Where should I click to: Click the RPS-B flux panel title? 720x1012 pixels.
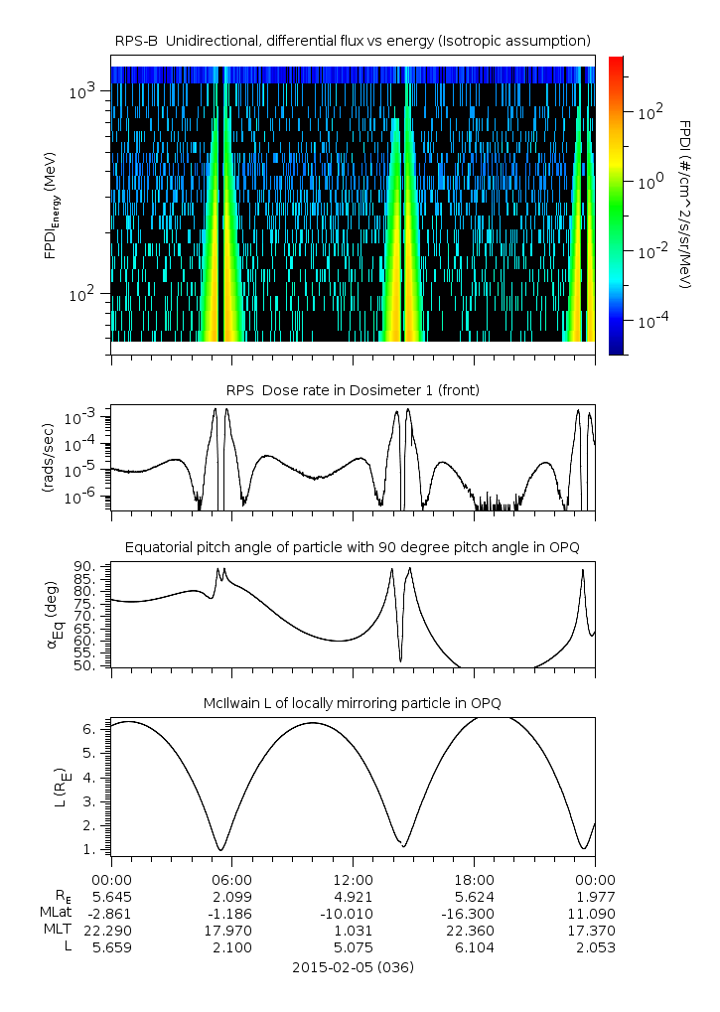[x=353, y=40]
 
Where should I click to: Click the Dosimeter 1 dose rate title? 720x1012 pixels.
[x=353, y=390]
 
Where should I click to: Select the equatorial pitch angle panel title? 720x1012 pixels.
[x=353, y=547]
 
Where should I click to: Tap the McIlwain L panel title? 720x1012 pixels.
[x=353, y=703]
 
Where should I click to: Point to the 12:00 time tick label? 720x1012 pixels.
[x=353, y=879]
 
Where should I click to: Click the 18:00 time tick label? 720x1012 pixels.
[x=474, y=879]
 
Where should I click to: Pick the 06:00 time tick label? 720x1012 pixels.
[x=232, y=879]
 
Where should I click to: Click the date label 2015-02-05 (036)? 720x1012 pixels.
[x=353, y=966]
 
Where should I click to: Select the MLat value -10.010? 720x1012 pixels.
[x=353, y=913]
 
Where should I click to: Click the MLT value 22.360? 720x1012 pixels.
[x=474, y=930]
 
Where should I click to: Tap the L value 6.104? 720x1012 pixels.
[x=474, y=947]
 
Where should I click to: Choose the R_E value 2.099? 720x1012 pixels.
[x=232, y=896]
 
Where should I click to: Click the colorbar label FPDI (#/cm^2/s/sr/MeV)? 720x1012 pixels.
[x=685, y=205]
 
